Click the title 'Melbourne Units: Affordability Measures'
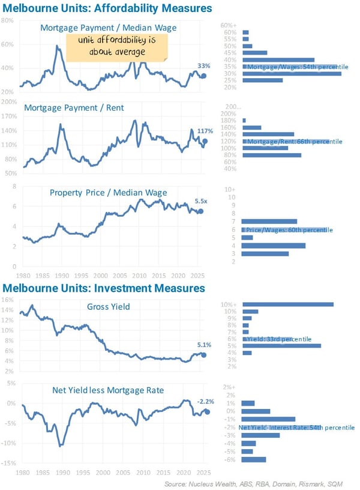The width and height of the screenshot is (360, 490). tap(107, 8)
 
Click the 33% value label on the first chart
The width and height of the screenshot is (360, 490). tap(203, 66)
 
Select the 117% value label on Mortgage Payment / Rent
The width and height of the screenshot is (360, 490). tap(205, 131)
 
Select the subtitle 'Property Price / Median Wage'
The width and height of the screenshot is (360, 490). tap(108, 192)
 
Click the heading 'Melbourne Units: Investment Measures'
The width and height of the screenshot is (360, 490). tap(103, 288)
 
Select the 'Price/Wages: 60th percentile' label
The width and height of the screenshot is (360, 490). tap(289, 230)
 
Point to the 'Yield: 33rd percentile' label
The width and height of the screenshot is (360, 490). tap(279, 339)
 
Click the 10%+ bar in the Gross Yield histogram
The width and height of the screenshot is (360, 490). tap(287, 304)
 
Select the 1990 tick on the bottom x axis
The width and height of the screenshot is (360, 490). tap(60, 472)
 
